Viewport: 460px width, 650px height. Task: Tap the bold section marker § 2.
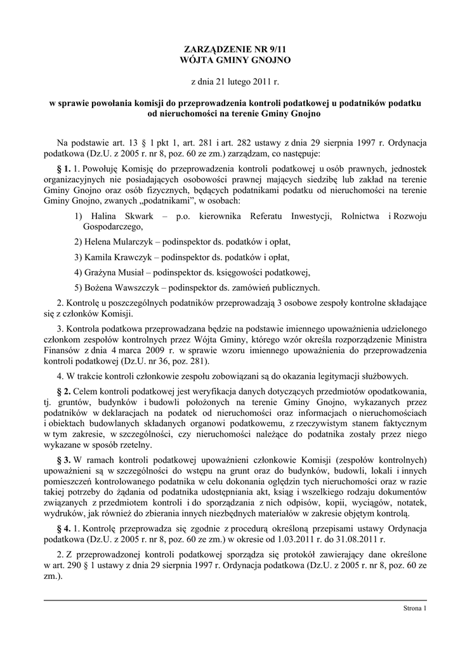pos(63,388)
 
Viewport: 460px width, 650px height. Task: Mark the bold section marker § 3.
pos(63,460)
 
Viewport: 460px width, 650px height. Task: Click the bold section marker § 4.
pos(63,529)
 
